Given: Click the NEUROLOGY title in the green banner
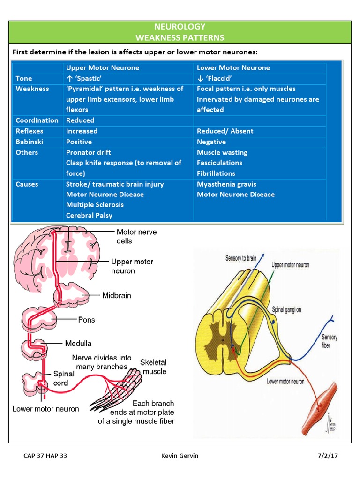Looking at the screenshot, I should pyautogui.click(x=180, y=27).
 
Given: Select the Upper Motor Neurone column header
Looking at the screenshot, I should pyautogui.click(x=102, y=67).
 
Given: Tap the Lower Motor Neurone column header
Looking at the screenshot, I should pyautogui.click(x=233, y=67).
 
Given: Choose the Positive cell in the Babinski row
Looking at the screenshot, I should pyautogui.click(x=79, y=142).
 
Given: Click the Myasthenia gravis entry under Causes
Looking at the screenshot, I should pyautogui.click(x=226, y=184).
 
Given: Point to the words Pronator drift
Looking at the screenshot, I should pyautogui.click(x=88, y=152).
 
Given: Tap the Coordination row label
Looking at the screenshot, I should pyautogui.click(x=37, y=120).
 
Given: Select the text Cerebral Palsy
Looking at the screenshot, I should pyautogui.click(x=89, y=216).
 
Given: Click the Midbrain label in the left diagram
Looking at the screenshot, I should pyautogui.click(x=117, y=296).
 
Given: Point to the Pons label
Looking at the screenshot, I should pyautogui.click(x=86, y=320).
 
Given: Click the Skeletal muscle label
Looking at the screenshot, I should pyautogui.click(x=153, y=367).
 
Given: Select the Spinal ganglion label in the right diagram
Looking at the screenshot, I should pyautogui.click(x=286, y=310).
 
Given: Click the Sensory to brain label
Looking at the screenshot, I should pyautogui.click(x=241, y=258).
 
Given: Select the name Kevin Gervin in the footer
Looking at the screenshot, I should pyautogui.click(x=179, y=456).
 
